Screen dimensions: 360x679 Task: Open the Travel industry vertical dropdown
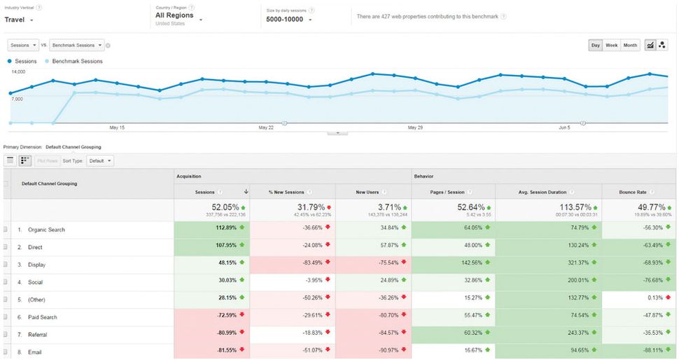(19, 20)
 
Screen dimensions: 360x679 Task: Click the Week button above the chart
(611, 46)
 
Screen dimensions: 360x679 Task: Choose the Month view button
(630, 46)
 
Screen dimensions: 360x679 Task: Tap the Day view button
(595, 46)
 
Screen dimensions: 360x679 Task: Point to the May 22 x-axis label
(265, 127)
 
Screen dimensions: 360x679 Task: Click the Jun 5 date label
(564, 127)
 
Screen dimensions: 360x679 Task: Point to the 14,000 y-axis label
(18, 71)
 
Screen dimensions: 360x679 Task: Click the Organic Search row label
(46, 230)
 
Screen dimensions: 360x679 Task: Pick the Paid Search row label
(43, 317)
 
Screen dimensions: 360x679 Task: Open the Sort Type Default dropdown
(99, 161)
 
